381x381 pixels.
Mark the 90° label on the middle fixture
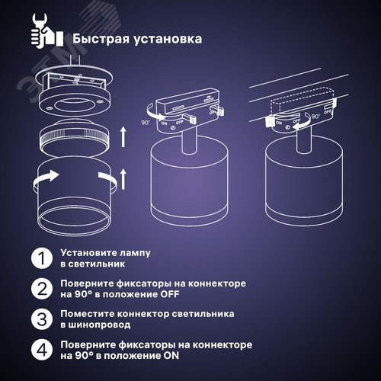click(x=146, y=120)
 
